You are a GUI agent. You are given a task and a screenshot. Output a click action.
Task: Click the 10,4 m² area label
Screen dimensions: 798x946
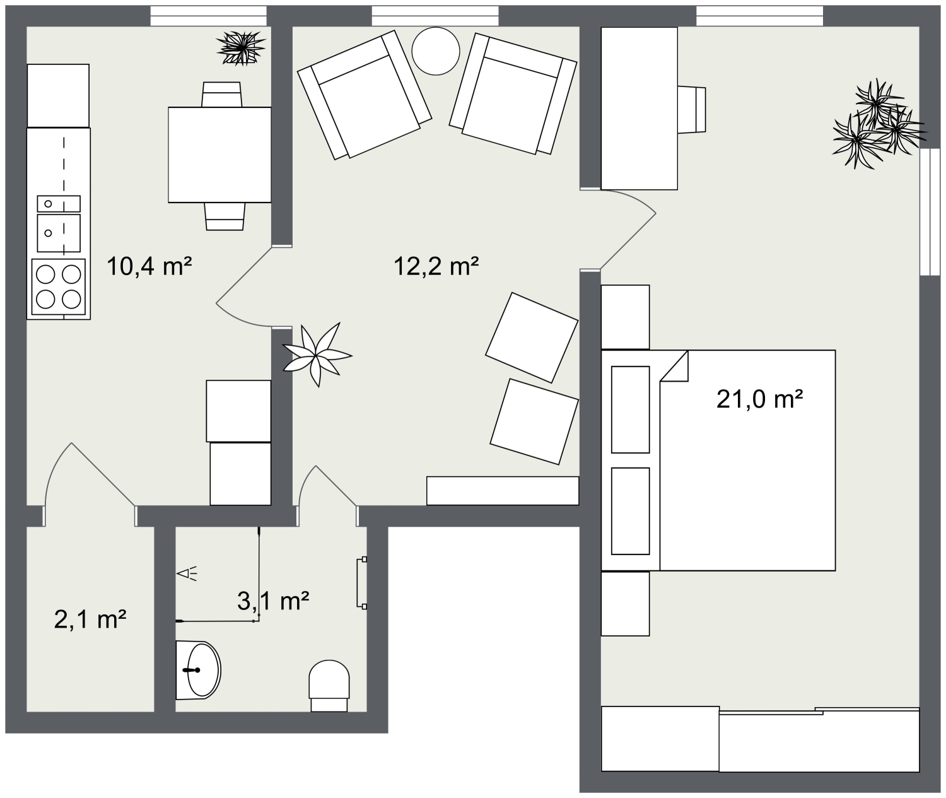click(x=149, y=266)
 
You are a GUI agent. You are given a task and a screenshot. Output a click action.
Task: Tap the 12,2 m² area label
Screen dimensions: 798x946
click(x=436, y=266)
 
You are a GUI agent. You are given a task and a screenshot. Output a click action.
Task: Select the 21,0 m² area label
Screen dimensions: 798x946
click(x=759, y=399)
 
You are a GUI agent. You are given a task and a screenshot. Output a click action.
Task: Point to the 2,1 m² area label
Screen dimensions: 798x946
click(x=91, y=619)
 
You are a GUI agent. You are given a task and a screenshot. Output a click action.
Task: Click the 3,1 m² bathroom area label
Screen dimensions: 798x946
click(x=272, y=601)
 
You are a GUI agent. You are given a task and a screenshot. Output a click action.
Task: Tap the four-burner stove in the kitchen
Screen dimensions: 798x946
click(x=59, y=286)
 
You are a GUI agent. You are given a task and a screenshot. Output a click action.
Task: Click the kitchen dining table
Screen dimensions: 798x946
click(x=219, y=155)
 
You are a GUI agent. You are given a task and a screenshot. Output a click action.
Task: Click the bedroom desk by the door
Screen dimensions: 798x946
click(x=639, y=108)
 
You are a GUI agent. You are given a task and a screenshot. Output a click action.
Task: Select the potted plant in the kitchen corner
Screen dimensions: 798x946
click(x=240, y=48)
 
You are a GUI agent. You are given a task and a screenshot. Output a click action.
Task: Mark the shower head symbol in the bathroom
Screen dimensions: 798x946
click(x=187, y=573)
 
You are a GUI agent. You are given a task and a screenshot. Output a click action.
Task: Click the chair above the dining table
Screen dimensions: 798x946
click(x=222, y=94)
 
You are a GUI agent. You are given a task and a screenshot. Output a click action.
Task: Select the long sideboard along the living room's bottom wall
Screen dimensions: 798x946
click(x=503, y=491)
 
